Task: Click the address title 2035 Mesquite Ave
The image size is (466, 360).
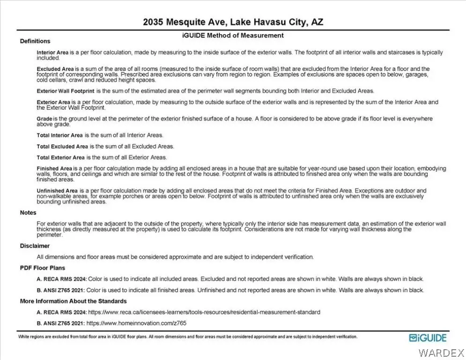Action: (233, 22)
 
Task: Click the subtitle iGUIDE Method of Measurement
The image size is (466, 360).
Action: (233, 35)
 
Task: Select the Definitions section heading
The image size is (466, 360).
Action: (35, 41)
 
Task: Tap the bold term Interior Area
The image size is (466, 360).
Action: (52, 52)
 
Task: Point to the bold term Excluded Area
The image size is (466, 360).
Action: (53, 68)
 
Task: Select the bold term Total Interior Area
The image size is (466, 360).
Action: (60, 135)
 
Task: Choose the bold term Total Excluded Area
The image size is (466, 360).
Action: (62, 146)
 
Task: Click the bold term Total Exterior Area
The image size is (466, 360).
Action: (61, 157)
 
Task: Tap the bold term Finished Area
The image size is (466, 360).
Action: (54, 168)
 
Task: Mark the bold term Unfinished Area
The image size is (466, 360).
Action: (57, 191)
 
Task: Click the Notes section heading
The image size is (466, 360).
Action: (28, 213)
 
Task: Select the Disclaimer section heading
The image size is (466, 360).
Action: (35, 246)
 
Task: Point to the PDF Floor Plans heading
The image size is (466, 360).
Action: (43, 268)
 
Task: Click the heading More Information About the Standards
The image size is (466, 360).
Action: (73, 301)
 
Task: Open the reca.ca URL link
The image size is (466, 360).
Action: (204, 312)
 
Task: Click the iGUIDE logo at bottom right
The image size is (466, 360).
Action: (428, 338)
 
